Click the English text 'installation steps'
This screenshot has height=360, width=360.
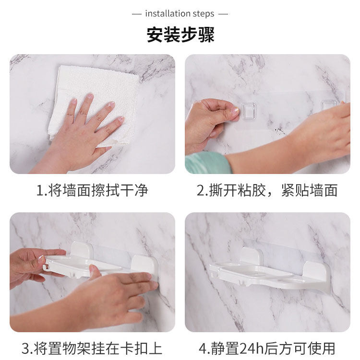[x=180, y=14]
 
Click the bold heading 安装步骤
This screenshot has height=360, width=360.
[x=180, y=35]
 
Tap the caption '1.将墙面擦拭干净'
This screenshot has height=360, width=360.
[x=92, y=190]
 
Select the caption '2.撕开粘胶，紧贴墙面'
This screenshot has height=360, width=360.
[x=267, y=190]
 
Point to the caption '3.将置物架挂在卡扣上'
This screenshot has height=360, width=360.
[x=92, y=348]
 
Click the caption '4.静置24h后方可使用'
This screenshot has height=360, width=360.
[x=267, y=348]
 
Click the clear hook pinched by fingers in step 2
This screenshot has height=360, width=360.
[x=248, y=111]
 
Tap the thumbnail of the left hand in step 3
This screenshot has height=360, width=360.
[x=41, y=259]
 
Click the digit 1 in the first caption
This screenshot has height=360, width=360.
[x=40, y=191]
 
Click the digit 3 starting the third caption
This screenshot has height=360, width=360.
[x=25, y=348]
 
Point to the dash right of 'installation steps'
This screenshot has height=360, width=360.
[x=223, y=14]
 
